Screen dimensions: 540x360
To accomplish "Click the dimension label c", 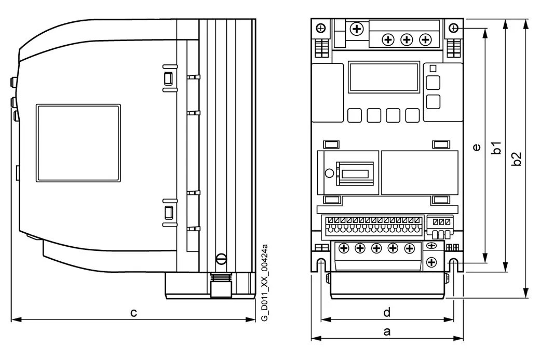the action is click(133, 313).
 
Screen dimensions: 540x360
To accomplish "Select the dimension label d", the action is click(387, 312).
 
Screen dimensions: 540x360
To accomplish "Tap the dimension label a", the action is click(387, 331).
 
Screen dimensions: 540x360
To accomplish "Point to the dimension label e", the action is click(477, 147).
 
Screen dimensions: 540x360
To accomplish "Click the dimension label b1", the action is click(496, 148).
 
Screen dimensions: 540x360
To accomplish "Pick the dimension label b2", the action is click(516, 159).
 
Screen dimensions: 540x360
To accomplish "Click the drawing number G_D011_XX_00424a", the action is click(264, 283).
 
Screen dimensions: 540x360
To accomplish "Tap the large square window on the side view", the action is click(78, 143).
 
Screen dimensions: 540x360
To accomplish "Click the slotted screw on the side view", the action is click(221, 258).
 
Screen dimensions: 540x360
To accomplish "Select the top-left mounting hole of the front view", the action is click(321, 28).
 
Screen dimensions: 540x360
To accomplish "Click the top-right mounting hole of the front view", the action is click(454, 28).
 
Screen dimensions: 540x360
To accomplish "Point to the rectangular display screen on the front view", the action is click(384, 77).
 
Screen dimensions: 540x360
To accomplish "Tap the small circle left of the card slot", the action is click(329, 173).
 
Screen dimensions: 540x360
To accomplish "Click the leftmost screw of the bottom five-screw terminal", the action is click(344, 248).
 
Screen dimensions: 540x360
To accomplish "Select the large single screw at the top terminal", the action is click(357, 29).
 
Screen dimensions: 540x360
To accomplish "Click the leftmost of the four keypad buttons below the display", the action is click(354, 115).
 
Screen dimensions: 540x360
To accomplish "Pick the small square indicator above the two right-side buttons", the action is click(433, 69).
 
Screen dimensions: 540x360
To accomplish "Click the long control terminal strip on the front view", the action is click(372, 228).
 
